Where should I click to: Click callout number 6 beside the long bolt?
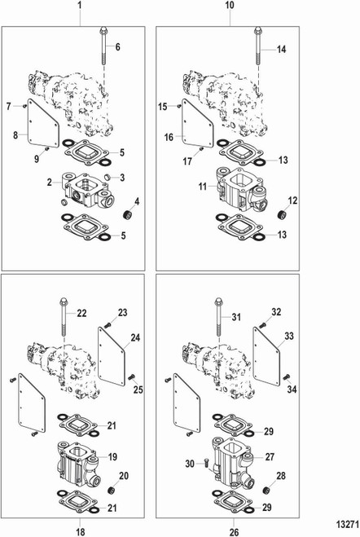(x=118, y=46)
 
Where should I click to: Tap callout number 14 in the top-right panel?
(x=281, y=50)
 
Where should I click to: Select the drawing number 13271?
(x=347, y=524)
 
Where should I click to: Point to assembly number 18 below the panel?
(x=80, y=531)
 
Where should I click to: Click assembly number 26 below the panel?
(x=234, y=532)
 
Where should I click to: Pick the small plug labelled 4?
(x=128, y=215)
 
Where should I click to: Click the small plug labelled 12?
(x=283, y=216)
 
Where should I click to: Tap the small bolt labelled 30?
(x=206, y=464)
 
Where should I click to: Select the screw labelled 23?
(x=108, y=324)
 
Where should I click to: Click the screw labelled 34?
(x=286, y=377)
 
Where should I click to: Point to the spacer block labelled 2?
(x=87, y=191)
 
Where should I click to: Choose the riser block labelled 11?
(x=241, y=190)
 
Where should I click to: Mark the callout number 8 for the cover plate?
(x=15, y=135)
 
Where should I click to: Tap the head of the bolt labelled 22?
(x=64, y=302)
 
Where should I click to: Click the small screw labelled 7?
(x=24, y=106)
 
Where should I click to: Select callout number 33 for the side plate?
(x=289, y=336)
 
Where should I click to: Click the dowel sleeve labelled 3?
(x=108, y=177)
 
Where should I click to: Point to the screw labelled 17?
(x=201, y=149)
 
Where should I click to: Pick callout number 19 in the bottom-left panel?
(x=112, y=457)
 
